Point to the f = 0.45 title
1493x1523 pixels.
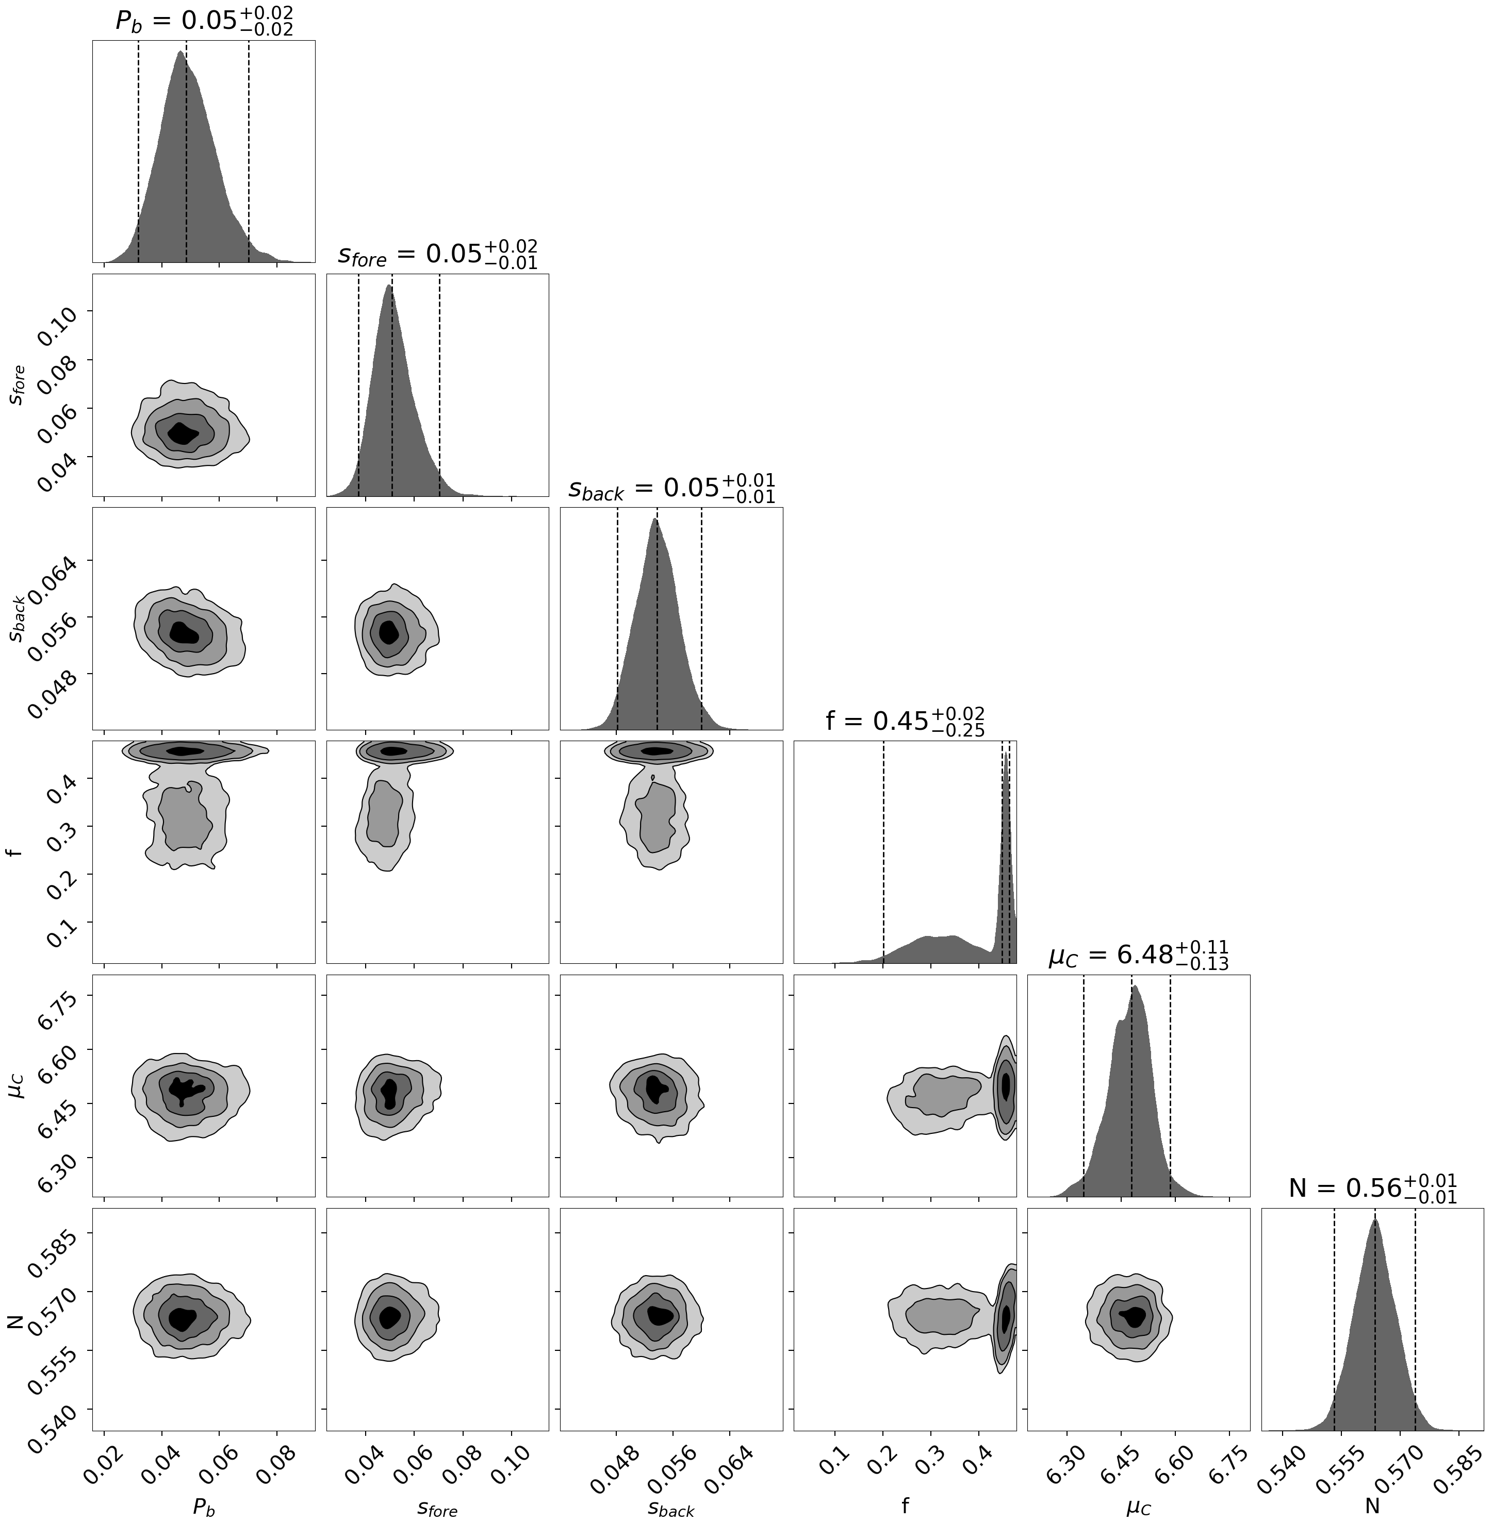905,721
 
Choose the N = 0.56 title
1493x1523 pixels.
1372,1189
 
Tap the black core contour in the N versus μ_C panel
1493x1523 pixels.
1135,1317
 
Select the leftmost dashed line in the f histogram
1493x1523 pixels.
884,851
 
